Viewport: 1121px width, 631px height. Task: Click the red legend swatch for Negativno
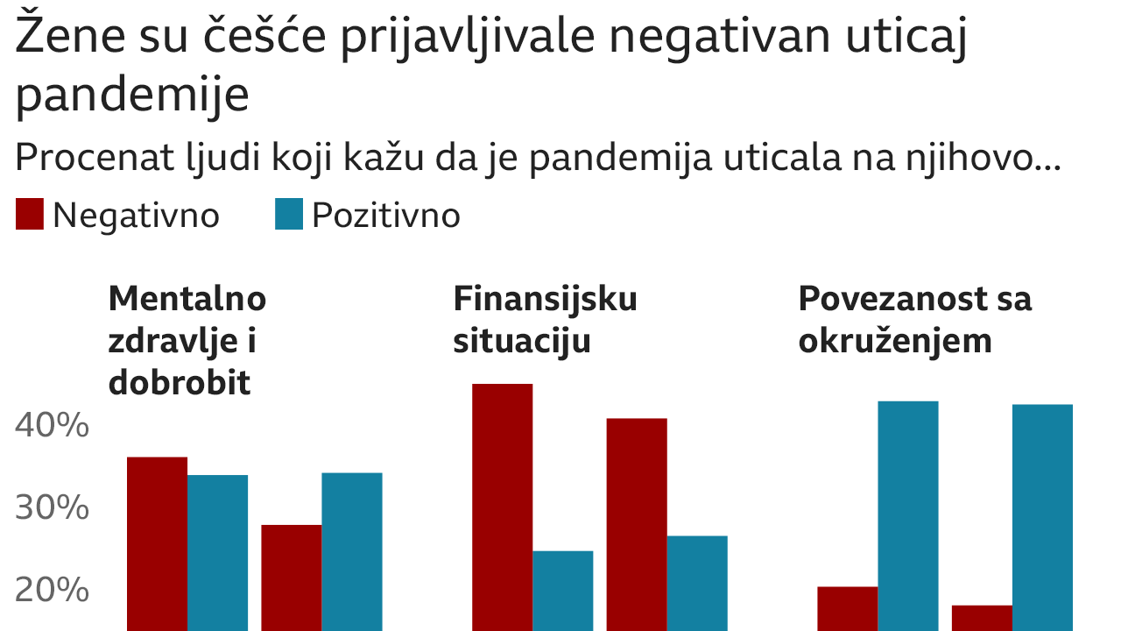point(30,215)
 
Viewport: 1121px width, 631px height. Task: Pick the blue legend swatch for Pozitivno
point(289,215)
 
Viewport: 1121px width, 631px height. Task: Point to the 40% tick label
point(53,426)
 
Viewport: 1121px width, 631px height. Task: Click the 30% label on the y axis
point(53,508)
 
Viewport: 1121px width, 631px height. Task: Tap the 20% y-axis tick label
point(53,591)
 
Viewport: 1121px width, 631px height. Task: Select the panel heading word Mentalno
point(187,299)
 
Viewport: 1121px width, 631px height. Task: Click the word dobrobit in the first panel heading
point(180,383)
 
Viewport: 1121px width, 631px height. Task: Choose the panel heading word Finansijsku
point(545,299)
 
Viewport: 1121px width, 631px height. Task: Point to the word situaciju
point(522,341)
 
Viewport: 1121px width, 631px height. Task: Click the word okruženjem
point(895,341)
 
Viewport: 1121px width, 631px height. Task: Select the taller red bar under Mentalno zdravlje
point(158,543)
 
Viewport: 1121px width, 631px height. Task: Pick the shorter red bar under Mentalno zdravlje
point(292,578)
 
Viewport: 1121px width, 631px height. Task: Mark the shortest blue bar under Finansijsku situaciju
point(563,591)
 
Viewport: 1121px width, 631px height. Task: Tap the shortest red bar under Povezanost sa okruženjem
point(982,618)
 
